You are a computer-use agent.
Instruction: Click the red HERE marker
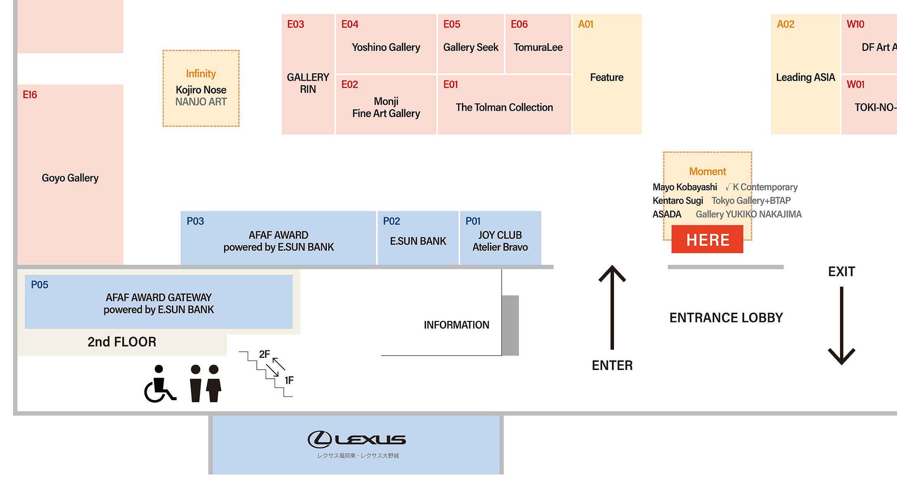coord(707,239)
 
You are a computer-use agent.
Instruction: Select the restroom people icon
coord(205,384)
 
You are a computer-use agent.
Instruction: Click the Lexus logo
coord(357,439)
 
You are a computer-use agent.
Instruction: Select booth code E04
coord(349,24)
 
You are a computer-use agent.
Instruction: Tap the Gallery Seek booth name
coord(471,48)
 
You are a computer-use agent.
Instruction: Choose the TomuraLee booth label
coord(538,48)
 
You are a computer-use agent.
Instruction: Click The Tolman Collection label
coord(504,107)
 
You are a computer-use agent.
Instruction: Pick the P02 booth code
coord(391,221)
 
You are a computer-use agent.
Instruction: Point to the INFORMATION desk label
coord(456,325)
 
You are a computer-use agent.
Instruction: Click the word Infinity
coord(201,74)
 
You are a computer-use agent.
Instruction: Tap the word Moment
coord(707,172)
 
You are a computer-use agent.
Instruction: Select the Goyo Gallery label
coord(70,178)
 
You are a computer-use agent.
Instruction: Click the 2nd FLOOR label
coord(122,342)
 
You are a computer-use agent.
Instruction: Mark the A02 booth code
coord(785,24)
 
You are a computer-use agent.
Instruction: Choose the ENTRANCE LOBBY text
coord(726,318)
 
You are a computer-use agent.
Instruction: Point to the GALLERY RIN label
coord(308,83)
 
